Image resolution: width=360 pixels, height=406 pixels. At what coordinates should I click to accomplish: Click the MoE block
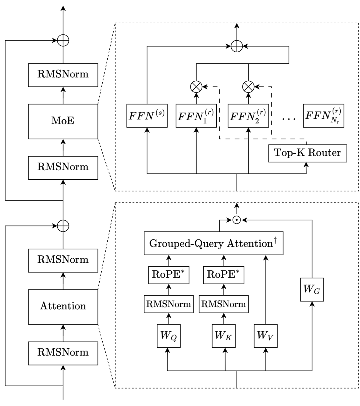[63, 121]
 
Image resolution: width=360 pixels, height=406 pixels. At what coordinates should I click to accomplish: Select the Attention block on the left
[63, 306]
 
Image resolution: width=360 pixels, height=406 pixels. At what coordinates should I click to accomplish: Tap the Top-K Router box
[307, 153]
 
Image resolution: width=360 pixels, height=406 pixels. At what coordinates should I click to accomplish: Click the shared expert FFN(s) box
[147, 115]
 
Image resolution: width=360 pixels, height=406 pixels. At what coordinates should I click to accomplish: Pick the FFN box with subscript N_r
[323, 115]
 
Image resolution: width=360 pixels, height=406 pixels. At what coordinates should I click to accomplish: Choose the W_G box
[312, 289]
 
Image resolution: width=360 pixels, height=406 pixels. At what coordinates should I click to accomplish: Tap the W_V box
[266, 336]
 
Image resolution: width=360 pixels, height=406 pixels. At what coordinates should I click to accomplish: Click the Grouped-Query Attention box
[213, 244]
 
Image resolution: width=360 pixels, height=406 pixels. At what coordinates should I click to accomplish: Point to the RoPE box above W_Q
[169, 275]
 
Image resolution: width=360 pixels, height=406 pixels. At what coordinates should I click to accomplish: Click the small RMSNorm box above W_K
[224, 304]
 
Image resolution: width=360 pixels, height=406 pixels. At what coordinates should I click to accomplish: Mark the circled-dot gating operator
[236, 220]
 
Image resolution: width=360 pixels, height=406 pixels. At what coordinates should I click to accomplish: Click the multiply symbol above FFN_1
[196, 86]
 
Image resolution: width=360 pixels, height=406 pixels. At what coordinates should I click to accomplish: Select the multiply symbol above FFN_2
[248, 86]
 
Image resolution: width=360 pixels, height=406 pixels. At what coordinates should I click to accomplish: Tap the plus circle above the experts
[236, 47]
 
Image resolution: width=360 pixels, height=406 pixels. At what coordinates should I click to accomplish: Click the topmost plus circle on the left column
[63, 41]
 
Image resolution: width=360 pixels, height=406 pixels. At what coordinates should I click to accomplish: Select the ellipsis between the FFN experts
[289, 119]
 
